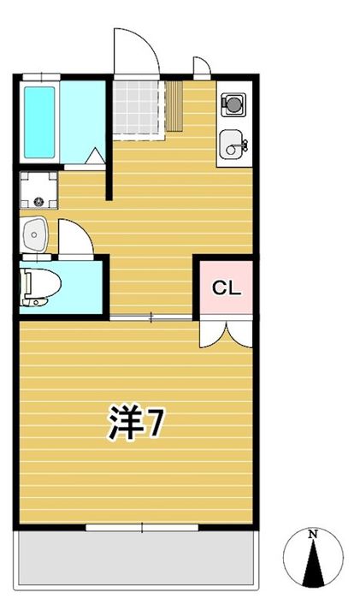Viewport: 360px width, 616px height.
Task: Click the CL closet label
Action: coord(226,289)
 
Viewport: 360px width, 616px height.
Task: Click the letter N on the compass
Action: coord(313,534)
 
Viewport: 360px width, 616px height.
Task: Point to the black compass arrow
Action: coord(313,563)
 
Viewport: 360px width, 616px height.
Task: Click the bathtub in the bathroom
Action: coord(39,122)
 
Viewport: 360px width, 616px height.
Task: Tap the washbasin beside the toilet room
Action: coord(34,234)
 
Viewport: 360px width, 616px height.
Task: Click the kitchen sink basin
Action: coord(233,145)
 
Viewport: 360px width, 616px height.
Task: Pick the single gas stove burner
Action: coord(233,104)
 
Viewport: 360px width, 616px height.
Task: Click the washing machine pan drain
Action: coord(38,202)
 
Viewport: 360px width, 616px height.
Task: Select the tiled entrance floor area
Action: coord(138,108)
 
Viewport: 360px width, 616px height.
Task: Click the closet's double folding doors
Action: coord(226,334)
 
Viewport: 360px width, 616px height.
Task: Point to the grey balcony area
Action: coord(136,558)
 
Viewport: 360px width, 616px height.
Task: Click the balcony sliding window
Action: coord(142,527)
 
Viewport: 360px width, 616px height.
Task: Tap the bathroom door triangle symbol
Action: coord(96,156)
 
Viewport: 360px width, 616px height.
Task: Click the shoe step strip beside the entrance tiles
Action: coord(174,106)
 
